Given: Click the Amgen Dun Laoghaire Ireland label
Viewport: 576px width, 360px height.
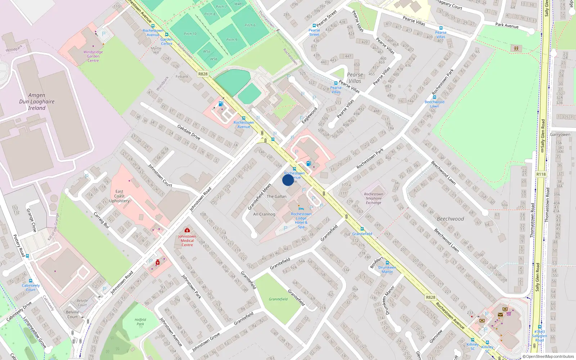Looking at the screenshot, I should pyautogui.click(x=37, y=102).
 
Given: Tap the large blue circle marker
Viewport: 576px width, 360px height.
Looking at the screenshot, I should pyautogui.click(x=288, y=180).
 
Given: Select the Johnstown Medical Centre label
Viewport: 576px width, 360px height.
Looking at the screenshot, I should pyautogui.click(x=187, y=240).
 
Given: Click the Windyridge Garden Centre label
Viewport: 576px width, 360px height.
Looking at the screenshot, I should pyautogui.click(x=93, y=56).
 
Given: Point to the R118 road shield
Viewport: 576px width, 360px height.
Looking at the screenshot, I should pyautogui.click(x=541, y=174).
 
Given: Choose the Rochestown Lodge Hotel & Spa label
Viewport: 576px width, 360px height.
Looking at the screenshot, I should pyautogui.click(x=301, y=220).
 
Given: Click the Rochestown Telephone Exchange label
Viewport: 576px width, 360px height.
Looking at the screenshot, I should pyautogui.click(x=373, y=198).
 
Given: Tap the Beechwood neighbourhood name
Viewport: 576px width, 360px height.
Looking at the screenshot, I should pyautogui.click(x=450, y=219).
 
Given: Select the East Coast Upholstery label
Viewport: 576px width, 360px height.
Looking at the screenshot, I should pyautogui.click(x=119, y=196).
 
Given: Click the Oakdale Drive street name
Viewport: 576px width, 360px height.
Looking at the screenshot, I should pyautogui.click(x=189, y=132).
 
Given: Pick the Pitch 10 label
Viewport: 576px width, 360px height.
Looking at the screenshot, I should pyautogui.click(x=190, y=34).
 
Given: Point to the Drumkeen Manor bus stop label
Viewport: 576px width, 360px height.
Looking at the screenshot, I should pyautogui.click(x=387, y=270).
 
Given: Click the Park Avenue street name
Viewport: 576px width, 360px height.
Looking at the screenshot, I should pyautogui.click(x=507, y=25).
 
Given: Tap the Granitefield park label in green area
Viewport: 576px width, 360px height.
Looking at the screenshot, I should pyautogui.click(x=278, y=299).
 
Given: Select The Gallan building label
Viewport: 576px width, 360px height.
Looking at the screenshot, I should pyautogui.click(x=276, y=197).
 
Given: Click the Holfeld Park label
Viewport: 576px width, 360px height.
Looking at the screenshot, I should pyautogui.click(x=140, y=321).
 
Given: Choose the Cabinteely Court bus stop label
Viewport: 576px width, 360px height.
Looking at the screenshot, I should pyautogui.click(x=31, y=287).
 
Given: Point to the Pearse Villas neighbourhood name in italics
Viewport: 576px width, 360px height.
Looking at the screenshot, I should pyautogui.click(x=355, y=78).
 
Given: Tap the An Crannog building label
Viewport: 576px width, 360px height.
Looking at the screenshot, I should pyautogui.click(x=264, y=214).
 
